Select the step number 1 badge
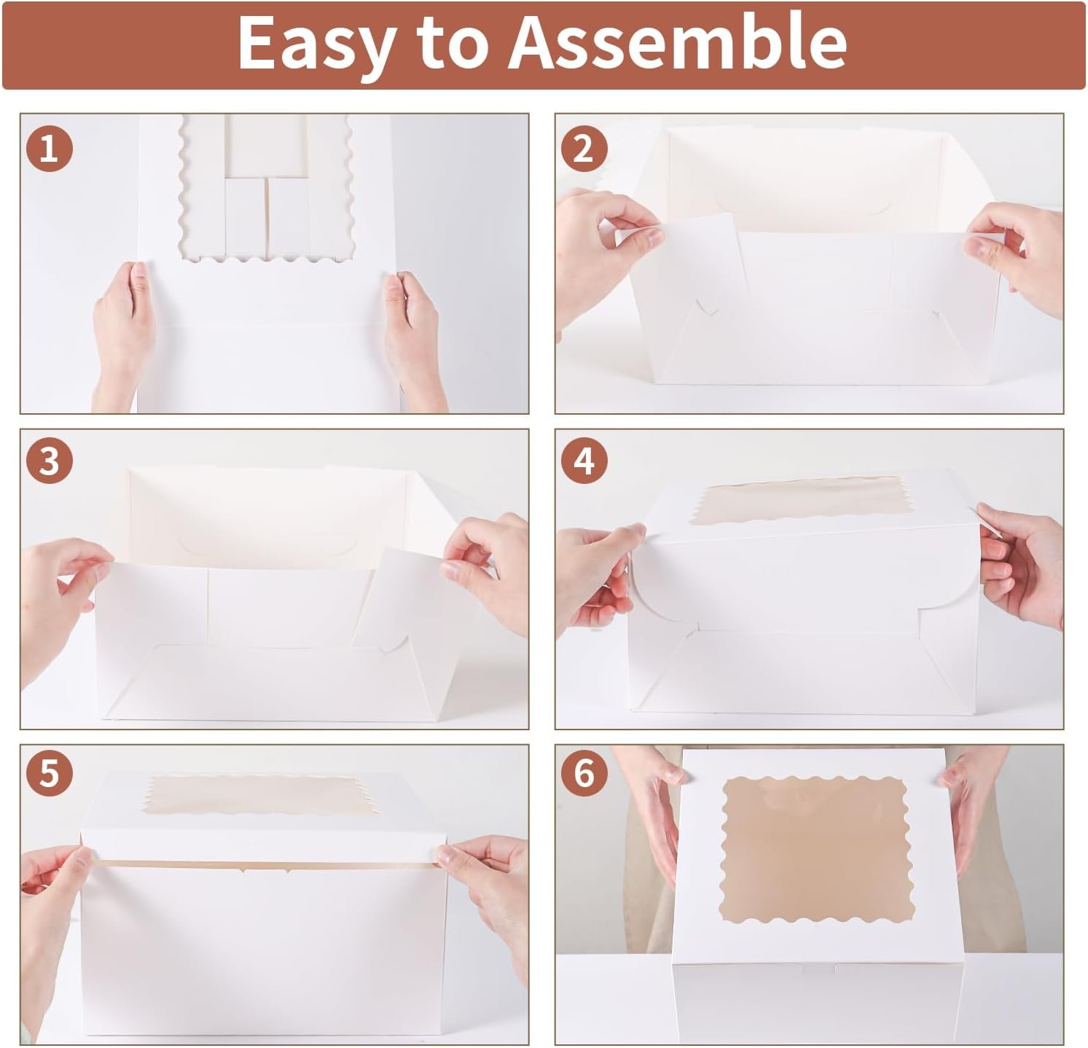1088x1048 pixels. [x=49, y=150]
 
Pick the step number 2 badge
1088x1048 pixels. [x=584, y=150]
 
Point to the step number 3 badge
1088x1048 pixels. [x=49, y=462]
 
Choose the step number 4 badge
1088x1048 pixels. [x=584, y=462]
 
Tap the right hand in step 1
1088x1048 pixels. [x=412, y=332]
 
